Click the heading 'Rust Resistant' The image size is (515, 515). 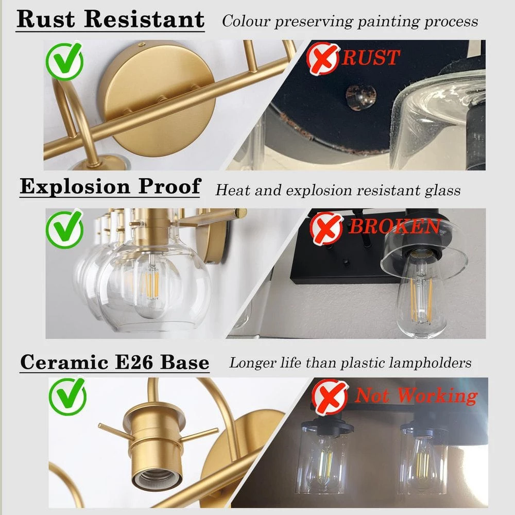(110, 19)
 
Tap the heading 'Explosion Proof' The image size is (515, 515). (110, 186)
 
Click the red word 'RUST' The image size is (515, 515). (371, 58)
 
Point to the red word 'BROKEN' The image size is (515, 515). (394, 226)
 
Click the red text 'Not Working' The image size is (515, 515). (416, 395)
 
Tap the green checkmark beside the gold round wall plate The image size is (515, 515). (65, 61)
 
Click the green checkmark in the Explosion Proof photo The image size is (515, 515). (65, 229)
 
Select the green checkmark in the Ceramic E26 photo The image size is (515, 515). (67, 396)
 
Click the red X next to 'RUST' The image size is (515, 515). (322, 59)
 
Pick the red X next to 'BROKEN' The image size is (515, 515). (327, 228)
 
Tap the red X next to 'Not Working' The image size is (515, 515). (330, 397)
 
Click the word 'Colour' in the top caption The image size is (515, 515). (246, 21)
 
